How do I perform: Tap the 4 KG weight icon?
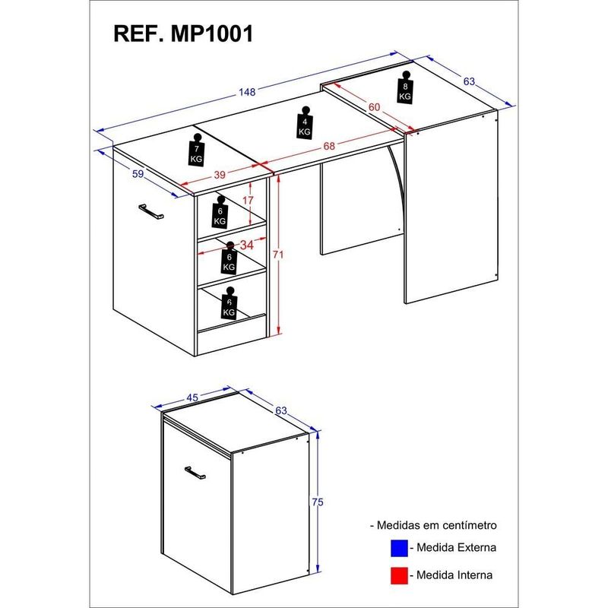pos(304,122)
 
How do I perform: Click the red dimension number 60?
pos(374,108)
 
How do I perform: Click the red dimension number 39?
pos(220,176)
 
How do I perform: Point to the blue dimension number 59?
pos(138,174)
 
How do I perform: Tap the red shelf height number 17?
pos(248,201)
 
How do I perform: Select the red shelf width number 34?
pos(246,245)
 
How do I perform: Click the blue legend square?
pos(398,547)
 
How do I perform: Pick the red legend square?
pos(398,575)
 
